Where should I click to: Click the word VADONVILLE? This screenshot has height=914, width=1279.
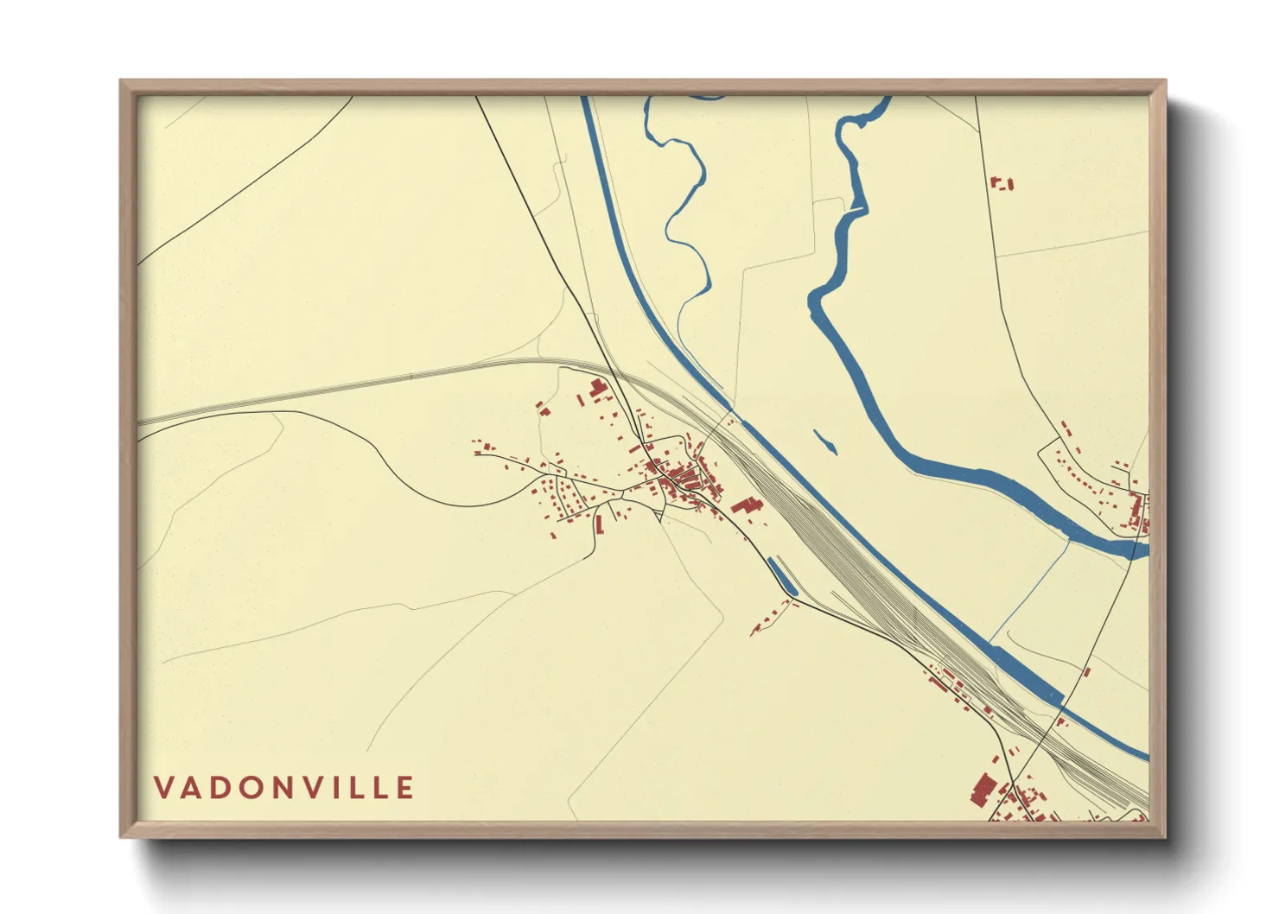pyautogui.click(x=284, y=787)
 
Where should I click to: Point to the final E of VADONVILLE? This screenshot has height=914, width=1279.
pyautogui.click(x=405, y=787)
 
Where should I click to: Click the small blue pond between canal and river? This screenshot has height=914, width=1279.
pyautogui.click(x=826, y=441)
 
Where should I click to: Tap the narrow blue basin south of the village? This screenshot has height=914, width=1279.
pyautogui.click(x=781, y=576)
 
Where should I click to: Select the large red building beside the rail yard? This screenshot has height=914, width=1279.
pyautogui.click(x=746, y=505)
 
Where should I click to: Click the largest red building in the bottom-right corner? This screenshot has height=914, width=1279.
pyautogui.click(x=983, y=790)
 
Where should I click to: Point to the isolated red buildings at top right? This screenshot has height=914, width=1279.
pyautogui.click(x=1001, y=183)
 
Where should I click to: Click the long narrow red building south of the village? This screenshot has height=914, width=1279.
pyautogui.click(x=599, y=524)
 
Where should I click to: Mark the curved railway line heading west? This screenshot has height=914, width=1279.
pyautogui.click(x=346, y=383)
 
